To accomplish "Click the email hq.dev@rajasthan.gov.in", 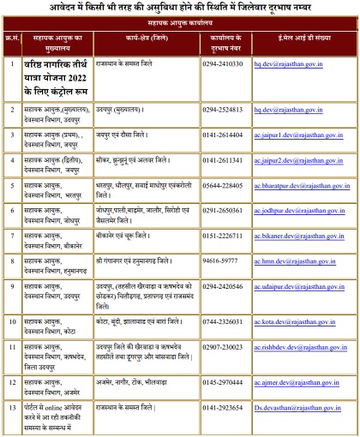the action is click(x=287, y=63).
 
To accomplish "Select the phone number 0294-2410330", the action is click(x=222, y=63).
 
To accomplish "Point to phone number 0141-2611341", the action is click(x=222, y=160).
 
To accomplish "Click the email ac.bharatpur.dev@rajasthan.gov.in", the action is click(x=302, y=185).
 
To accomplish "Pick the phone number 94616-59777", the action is click(x=220, y=260).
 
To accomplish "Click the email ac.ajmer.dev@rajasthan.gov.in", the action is click(x=294, y=382).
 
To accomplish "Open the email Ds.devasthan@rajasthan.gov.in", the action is click(x=295, y=407).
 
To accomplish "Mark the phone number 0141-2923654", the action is click(x=222, y=407).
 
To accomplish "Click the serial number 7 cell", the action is click(x=12, y=235).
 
